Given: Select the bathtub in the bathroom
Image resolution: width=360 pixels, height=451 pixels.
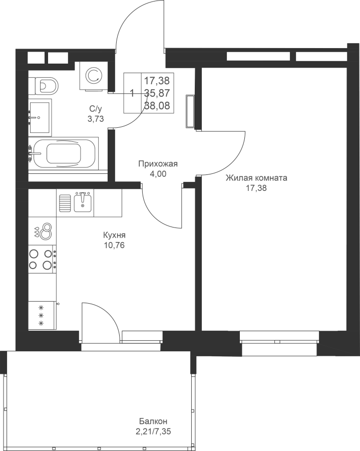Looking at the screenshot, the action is (x=64, y=153).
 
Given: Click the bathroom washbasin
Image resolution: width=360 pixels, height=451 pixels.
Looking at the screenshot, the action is (x=40, y=117).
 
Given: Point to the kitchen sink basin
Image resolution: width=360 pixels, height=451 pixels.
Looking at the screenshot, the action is (x=83, y=203).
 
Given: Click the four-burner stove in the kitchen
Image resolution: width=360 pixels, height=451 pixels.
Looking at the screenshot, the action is (x=42, y=260).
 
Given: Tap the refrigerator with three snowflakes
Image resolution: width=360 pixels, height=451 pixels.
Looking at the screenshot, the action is (x=42, y=315).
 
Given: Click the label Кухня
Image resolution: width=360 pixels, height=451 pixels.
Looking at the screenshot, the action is (x=114, y=236).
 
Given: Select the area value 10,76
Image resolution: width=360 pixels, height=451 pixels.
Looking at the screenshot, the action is (x=114, y=246).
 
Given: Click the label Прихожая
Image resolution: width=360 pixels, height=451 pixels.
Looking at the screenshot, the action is (x=158, y=164).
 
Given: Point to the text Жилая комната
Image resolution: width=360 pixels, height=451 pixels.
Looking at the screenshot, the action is (x=256, y=178).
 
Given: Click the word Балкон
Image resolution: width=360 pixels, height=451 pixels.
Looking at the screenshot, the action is (x=153, y=421).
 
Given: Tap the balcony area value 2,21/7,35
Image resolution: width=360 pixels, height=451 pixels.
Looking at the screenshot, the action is (x=155, y=431).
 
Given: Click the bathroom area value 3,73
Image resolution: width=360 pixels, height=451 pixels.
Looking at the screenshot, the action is (x=96, y=119).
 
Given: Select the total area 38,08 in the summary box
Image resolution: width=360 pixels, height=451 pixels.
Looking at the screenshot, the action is (x=157, y=106).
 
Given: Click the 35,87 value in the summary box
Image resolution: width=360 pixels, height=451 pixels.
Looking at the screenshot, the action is (x=157, y=93).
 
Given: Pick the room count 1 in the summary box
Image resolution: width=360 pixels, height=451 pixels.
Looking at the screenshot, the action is (x=133, y=93).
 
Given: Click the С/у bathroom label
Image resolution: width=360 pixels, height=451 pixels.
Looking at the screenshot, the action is (x=96, y=109).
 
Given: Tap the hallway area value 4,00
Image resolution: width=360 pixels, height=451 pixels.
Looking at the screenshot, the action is (x=158, y=174).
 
